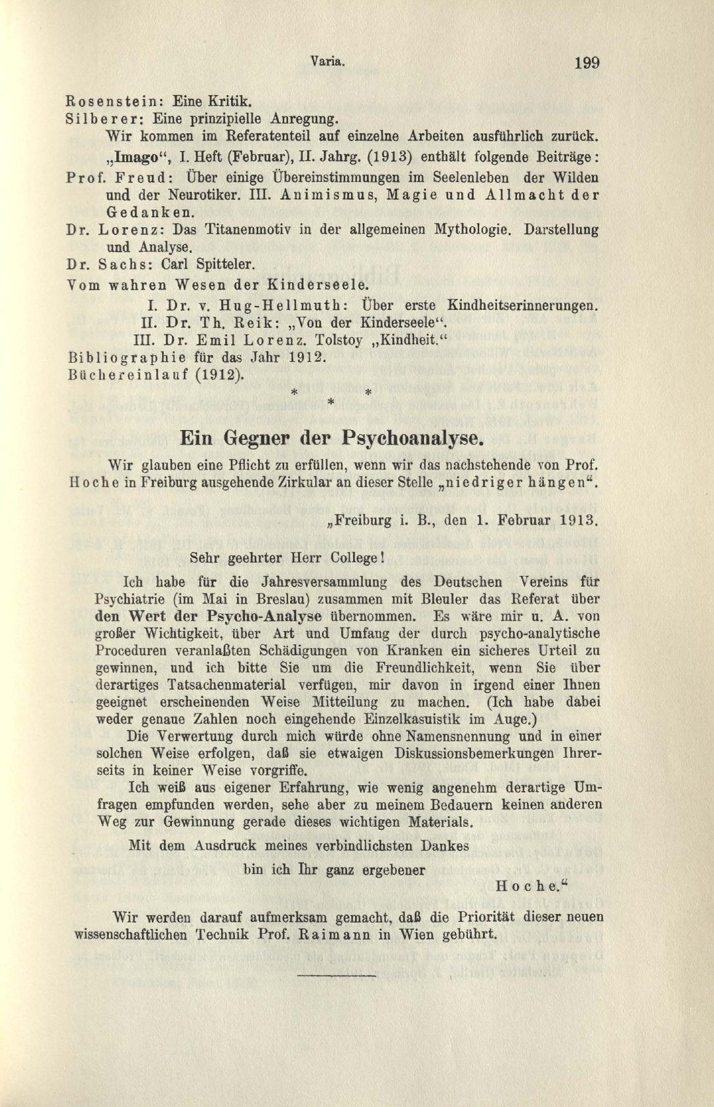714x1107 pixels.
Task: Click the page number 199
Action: point(587,63)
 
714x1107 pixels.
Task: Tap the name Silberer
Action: point(106,119)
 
